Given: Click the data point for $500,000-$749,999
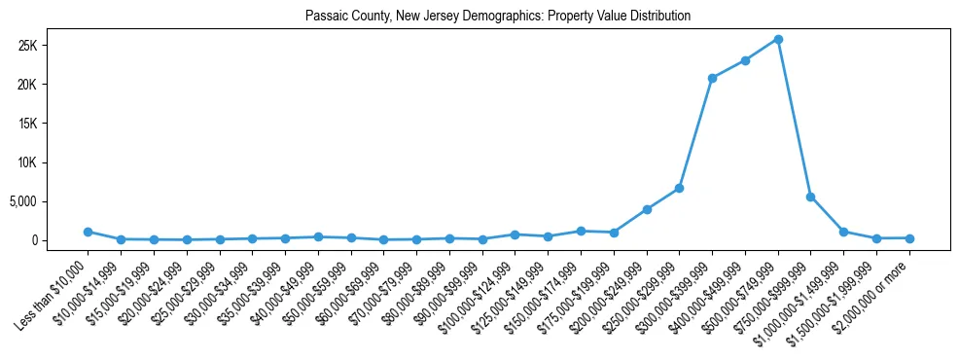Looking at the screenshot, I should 778,39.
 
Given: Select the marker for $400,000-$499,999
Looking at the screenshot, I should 745,60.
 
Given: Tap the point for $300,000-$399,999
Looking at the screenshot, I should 712,78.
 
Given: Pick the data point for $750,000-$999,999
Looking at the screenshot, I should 810,197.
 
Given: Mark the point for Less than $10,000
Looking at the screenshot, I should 88,232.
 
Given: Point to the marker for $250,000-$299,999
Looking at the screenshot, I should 679,188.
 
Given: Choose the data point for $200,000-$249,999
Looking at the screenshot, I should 647,209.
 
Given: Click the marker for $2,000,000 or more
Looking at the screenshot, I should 909,238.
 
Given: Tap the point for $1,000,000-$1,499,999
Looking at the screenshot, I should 843,232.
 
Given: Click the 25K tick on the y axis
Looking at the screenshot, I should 53,46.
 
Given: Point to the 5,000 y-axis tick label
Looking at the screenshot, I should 48,201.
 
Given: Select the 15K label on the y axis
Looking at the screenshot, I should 53,124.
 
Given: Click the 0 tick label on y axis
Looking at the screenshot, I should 60,240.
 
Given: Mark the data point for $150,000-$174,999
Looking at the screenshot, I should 581,231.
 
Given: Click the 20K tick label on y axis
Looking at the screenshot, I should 53,85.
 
